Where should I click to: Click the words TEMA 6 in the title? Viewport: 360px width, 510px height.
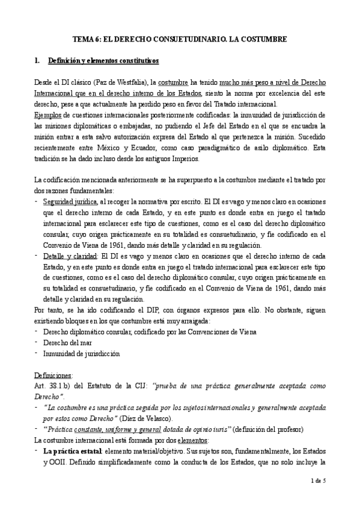87,37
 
